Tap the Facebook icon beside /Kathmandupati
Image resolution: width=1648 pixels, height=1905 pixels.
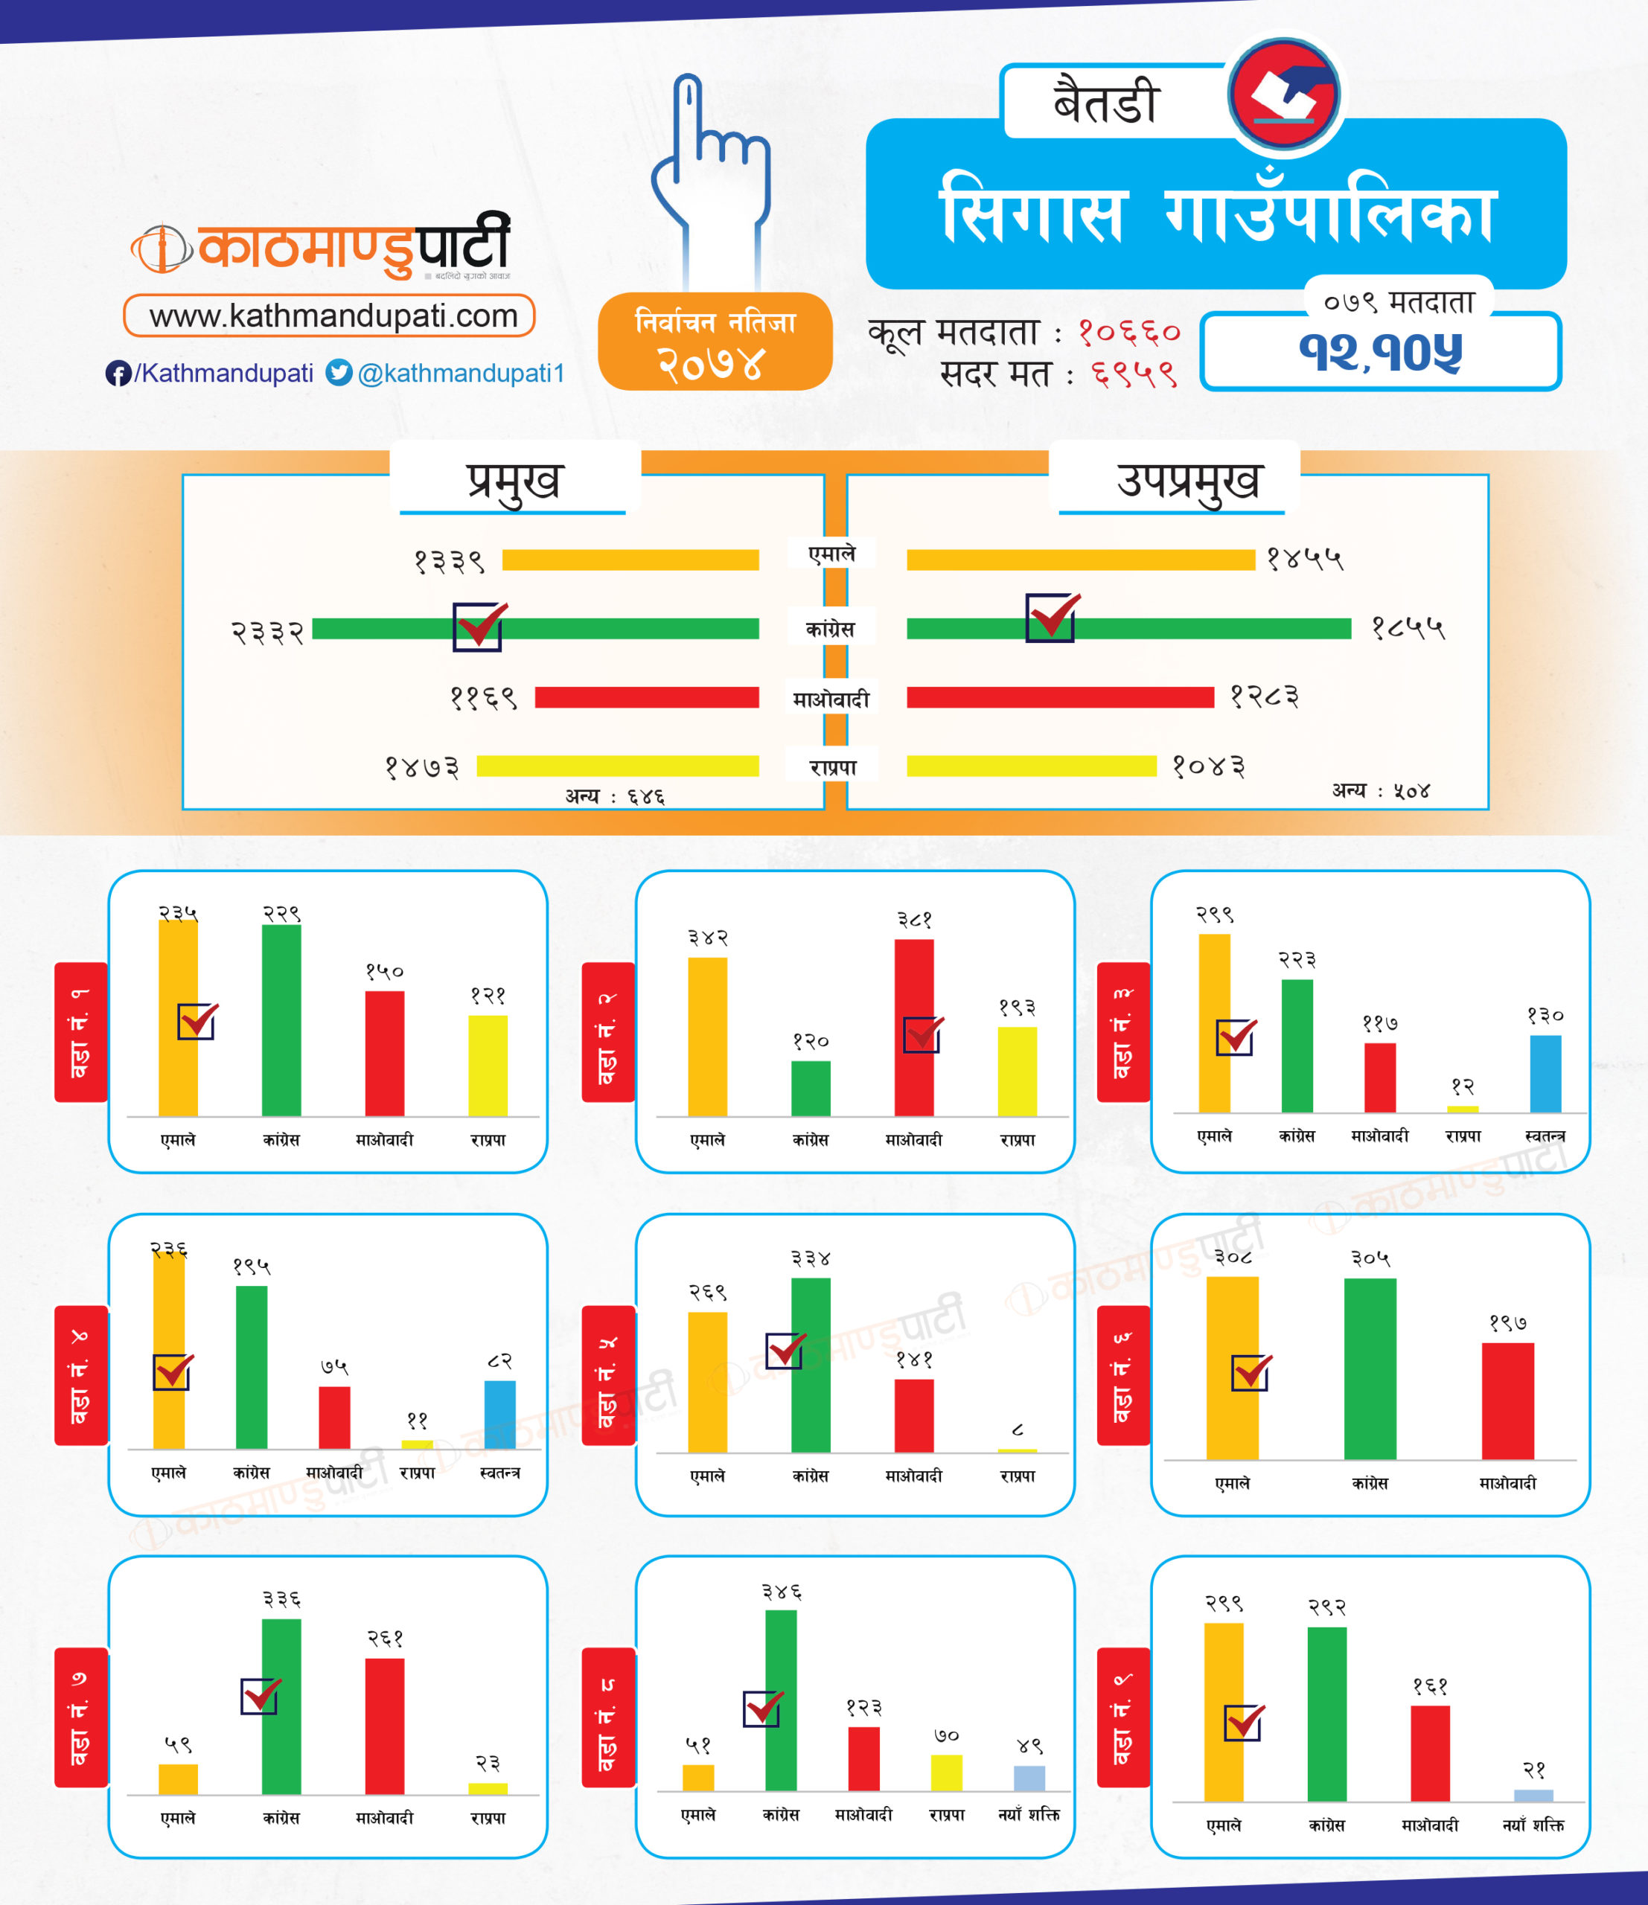click(x=118, y=374)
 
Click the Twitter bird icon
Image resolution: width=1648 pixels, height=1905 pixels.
click(x=339, y=372)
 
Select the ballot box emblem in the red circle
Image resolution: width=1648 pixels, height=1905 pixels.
click(x=1285, y=94)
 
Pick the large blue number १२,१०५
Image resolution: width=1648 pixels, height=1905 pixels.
click(x=1379, y=352)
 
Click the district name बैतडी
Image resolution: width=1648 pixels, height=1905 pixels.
click(x=1105, y=101)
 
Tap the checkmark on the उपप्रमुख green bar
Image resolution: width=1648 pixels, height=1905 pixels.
click(x=1051, y=617)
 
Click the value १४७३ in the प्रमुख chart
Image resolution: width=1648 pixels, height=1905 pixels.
click(x=422, y=766)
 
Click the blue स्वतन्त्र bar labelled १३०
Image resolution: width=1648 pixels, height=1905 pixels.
click(x=1545, y=1073)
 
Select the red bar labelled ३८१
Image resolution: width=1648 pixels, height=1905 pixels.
click(x=913, y=1027)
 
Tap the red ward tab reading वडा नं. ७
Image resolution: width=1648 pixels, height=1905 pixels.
click(x=81, y=1717)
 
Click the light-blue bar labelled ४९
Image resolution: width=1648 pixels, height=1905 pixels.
click(x=1029, y=1777)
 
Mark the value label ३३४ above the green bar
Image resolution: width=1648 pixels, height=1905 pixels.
click(x=810, y=1258)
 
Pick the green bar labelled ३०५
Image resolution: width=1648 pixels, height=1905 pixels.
click(x=1370, y=1368)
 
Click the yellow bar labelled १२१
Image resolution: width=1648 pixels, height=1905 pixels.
click(x=488, y=1065)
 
